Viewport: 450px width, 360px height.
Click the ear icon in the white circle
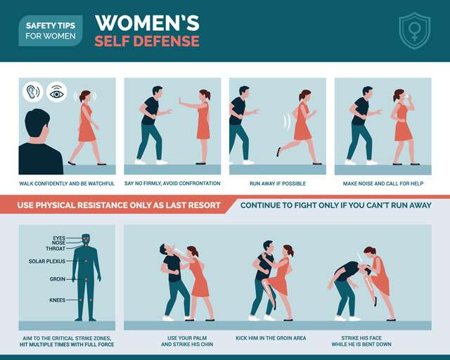click(33, 92)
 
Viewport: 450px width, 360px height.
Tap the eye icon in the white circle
click(57, 92)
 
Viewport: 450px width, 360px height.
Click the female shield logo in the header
click(414, 30)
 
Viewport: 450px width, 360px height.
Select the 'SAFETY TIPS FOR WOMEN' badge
click(51, 31)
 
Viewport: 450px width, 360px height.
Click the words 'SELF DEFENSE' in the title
click(147, 41)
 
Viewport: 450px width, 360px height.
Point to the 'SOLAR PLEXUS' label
click(47, 262)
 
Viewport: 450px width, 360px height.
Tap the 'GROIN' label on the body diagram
click(58, 279)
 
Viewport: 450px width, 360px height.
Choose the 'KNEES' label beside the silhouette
click(58, 300)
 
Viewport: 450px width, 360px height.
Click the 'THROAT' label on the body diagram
click(56, 249)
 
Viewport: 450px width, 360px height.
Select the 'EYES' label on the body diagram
click(59, 238)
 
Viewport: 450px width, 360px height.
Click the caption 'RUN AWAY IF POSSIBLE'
click(278, 184)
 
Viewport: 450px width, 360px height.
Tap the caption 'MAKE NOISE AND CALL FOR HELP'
click(383, 184)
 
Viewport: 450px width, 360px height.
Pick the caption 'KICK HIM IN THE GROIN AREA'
click(271, 338)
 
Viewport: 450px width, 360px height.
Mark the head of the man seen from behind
click(37, 125)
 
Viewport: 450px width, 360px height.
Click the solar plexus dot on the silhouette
click(86, 261)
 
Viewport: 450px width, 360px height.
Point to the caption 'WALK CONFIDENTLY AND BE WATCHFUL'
click(67, 184)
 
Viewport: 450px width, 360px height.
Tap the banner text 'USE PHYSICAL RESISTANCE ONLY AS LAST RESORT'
click(119, 205)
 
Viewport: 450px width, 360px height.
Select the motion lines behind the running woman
click(287, 121)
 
